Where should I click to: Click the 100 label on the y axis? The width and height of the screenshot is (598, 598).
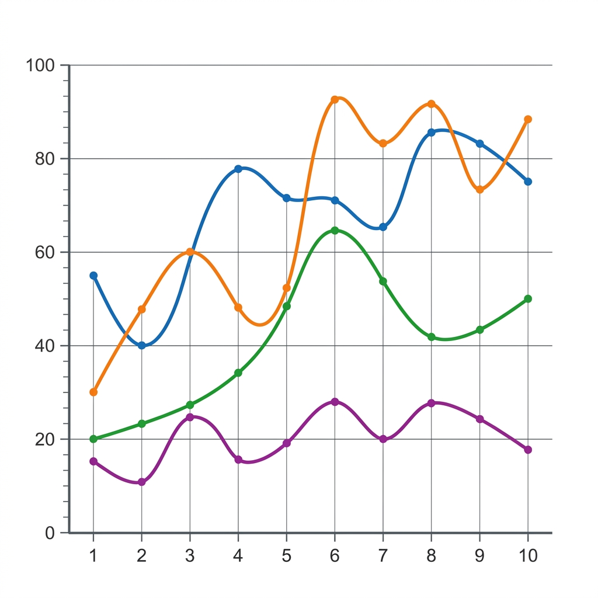pyautogui.click(x=40, y=65)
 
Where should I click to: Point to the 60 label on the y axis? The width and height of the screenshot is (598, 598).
pyautogui.click(x=45, y=252)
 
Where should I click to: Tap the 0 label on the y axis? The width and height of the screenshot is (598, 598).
pyautogui.click(x=50, y=533)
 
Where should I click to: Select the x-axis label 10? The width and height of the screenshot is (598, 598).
pyautogui.click(x=528, y=556)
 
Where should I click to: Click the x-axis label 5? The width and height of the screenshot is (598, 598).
pyautogui.click(x=286, y=556)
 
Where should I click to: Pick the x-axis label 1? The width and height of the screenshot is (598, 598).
pyautogui.click(x=93, y=556)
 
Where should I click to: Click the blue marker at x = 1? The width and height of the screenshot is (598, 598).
pyautogui.click(x=93, y=276)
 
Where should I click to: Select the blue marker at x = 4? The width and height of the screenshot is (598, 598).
pyautogui.click(x=238, y=169)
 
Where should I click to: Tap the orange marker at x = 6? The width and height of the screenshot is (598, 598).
pyautogui.click(x=335, y=99)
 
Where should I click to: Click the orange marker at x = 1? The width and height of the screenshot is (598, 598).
pyautogui.click(x=93, y=392)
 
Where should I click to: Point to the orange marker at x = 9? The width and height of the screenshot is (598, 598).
pyautogui.click(x=480, y=190)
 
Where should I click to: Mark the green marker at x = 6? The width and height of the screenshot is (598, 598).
pyautogui.click(x=335, y=230)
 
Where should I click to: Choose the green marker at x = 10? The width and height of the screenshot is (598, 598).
pyautogui.click(x=528, y=298)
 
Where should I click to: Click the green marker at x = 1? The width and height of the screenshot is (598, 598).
pyautogui.click(x=93, y=439)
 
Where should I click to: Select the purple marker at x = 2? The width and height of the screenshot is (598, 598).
pyautogui.click(x=141, y=482)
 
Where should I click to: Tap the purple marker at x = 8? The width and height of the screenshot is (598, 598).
pyautogui.click(x=432, y=403)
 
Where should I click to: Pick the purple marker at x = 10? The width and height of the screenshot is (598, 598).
pyautogui.click(x=528, y=450)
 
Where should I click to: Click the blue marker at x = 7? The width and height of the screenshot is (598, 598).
pyautogui.click(x=383, y=227)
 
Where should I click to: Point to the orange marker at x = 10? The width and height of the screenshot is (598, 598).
pyautogui.click(x=528, y=119)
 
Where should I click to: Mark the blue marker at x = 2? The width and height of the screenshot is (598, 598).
pyautogui.click(x=141, y=346)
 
